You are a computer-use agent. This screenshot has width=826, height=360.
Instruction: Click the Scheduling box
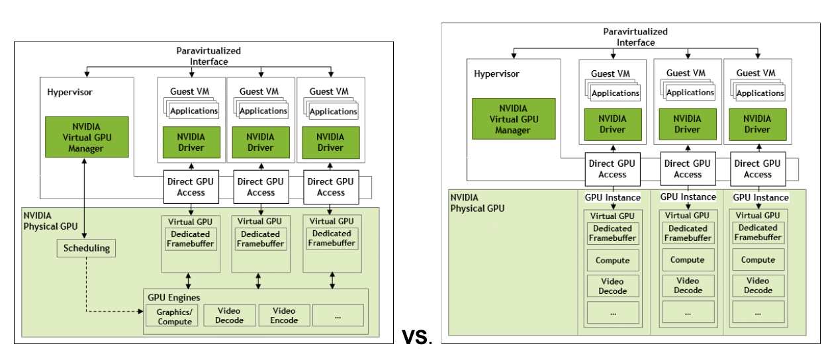pos(86,249)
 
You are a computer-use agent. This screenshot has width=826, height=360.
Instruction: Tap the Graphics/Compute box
pos(175,316)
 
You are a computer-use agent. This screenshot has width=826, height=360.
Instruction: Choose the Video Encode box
pos(284,315)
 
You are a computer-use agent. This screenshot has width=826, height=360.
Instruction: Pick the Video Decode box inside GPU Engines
pos(229,315)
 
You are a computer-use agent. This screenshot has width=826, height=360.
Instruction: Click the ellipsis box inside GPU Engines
pos(338,315)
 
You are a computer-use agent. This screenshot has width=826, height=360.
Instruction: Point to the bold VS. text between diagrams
pos(417,337)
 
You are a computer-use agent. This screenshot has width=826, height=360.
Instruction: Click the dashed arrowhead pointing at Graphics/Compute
pos(141,310)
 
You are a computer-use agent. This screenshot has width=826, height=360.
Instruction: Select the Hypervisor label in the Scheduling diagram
pos(69,92)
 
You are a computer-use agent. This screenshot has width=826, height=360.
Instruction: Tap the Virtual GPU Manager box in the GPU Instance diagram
pos(514,119)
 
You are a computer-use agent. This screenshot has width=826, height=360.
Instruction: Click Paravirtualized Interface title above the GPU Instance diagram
pos(635,37)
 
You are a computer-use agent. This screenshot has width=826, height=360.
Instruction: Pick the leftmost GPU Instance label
pos(612,197)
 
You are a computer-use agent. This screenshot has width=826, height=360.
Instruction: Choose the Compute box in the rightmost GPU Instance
pos(758,260)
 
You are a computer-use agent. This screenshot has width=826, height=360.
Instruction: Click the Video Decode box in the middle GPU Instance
pos(688,286)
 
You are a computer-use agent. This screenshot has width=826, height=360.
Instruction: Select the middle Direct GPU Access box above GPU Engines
pos(261,187)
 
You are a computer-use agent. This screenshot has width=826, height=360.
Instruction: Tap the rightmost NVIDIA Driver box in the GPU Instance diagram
pos(757,124)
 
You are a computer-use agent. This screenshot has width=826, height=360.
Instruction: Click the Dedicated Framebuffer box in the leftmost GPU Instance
pos(613,233)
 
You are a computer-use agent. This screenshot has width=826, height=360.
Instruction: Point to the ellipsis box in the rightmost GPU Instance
pos(758,312)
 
